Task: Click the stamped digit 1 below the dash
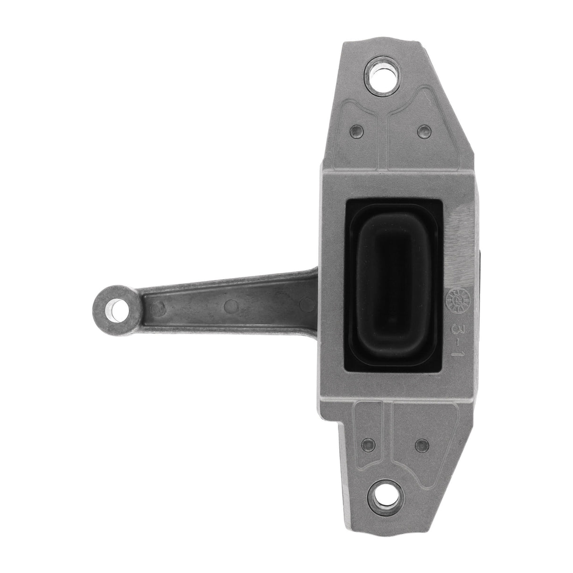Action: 456,354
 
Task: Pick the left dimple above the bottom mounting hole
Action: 364,443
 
